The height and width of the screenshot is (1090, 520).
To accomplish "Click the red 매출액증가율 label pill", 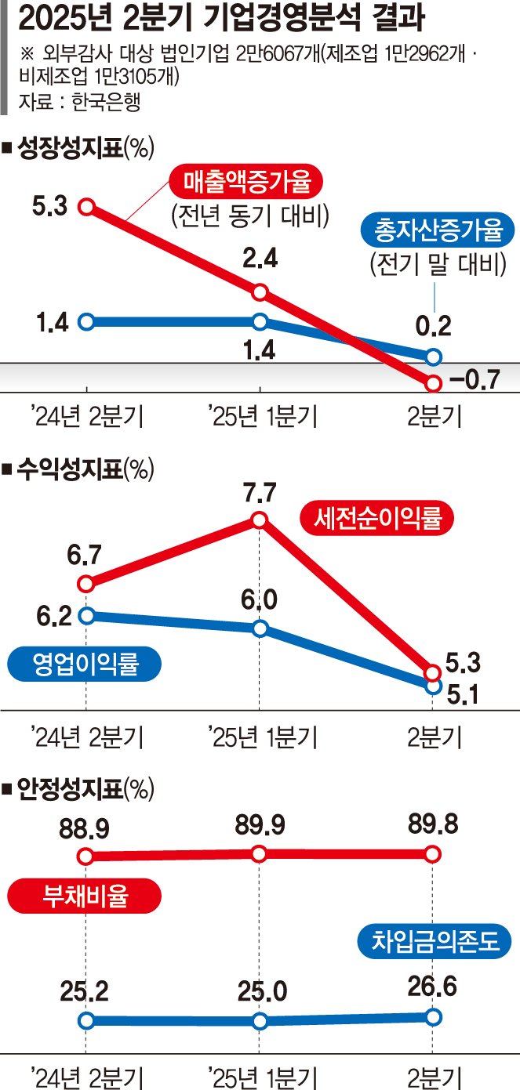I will (x=246, y=184).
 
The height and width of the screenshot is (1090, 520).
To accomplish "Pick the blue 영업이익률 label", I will (x=85, y=665).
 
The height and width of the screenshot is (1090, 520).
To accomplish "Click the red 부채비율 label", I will (x=85, y=896).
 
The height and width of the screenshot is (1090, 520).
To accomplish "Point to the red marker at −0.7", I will (x=433, y=383).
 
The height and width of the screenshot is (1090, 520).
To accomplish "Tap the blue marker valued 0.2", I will (x=433, y=357).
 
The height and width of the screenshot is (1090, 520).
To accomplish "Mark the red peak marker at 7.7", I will (x=260, y=519).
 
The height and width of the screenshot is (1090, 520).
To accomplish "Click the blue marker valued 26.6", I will (x=433, y=1016).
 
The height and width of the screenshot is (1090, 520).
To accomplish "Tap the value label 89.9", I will (x=260, y=825).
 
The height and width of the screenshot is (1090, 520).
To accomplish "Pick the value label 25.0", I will (x=260, y=992).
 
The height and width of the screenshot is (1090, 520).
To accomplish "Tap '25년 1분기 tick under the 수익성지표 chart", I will (x=262, y=736).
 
